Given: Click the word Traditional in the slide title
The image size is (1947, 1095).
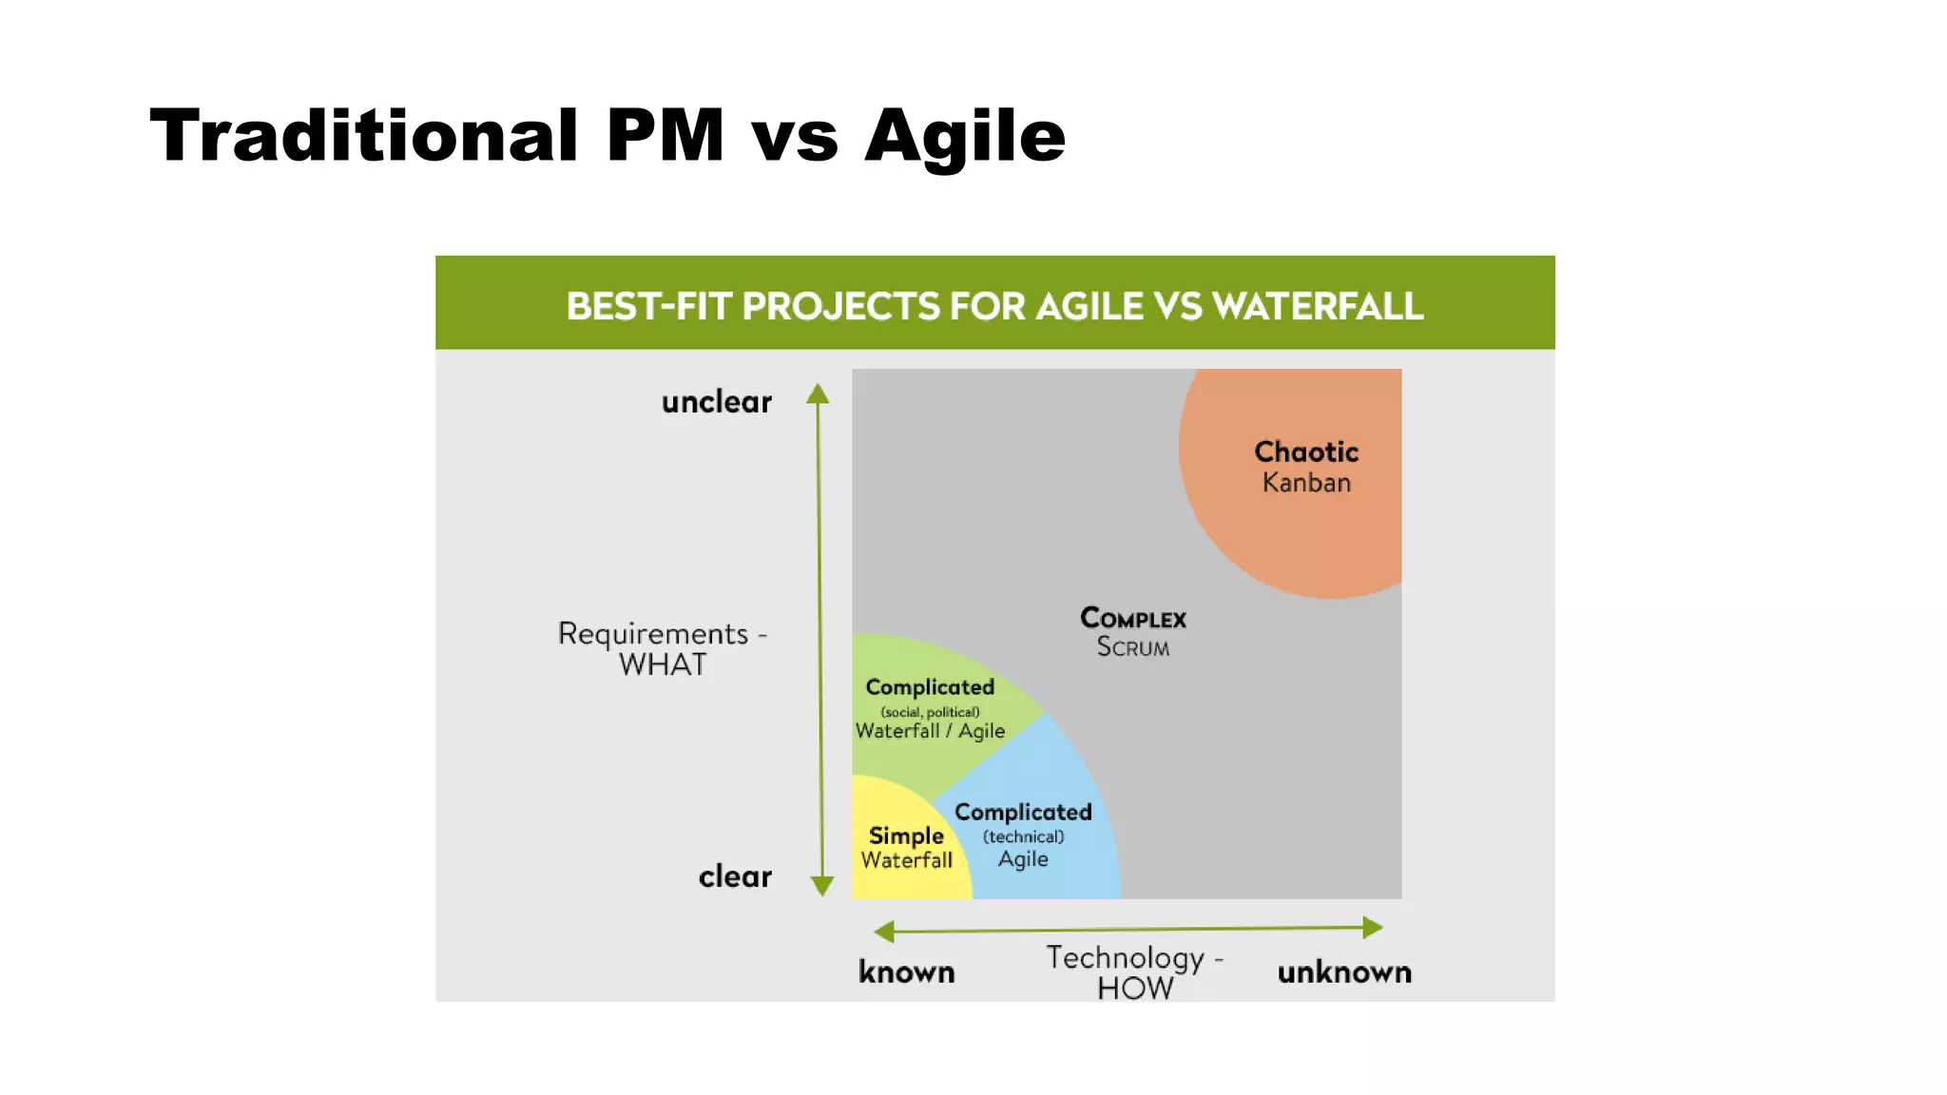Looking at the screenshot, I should click(364, 136).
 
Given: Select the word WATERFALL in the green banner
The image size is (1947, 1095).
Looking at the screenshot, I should click(1318, 306).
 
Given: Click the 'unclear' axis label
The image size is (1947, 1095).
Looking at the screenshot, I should click(717, 402).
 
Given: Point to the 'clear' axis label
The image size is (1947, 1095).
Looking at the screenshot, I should click(735, 876).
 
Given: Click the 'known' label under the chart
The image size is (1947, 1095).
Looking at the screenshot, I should click(906, 972).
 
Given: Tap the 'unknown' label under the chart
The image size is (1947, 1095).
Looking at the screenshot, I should click(1344, 972).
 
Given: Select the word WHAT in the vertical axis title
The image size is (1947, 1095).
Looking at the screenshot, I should click(663, 664).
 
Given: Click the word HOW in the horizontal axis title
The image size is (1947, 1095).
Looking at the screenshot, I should click(1135, 989).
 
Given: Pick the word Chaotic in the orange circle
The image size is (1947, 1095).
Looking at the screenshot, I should click(1306, 451).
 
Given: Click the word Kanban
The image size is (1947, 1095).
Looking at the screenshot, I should click(1306, 483).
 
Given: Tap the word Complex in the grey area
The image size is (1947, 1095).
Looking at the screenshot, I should click(1133, 619).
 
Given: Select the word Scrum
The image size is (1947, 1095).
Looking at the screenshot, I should click(1133, 647).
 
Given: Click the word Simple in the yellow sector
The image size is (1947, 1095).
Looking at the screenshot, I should click(906, 836).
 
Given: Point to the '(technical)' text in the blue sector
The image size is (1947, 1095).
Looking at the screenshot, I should click(1023, 836).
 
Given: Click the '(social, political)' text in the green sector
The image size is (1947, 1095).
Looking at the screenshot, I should click(930, 712).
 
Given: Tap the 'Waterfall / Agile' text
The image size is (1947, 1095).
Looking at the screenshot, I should click(930, 731).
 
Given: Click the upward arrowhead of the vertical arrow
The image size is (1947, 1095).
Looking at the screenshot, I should click(818, 394).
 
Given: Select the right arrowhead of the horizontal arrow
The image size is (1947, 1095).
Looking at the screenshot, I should click(1372, 927).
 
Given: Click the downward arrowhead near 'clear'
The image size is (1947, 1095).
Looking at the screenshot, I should click(822, 886).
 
